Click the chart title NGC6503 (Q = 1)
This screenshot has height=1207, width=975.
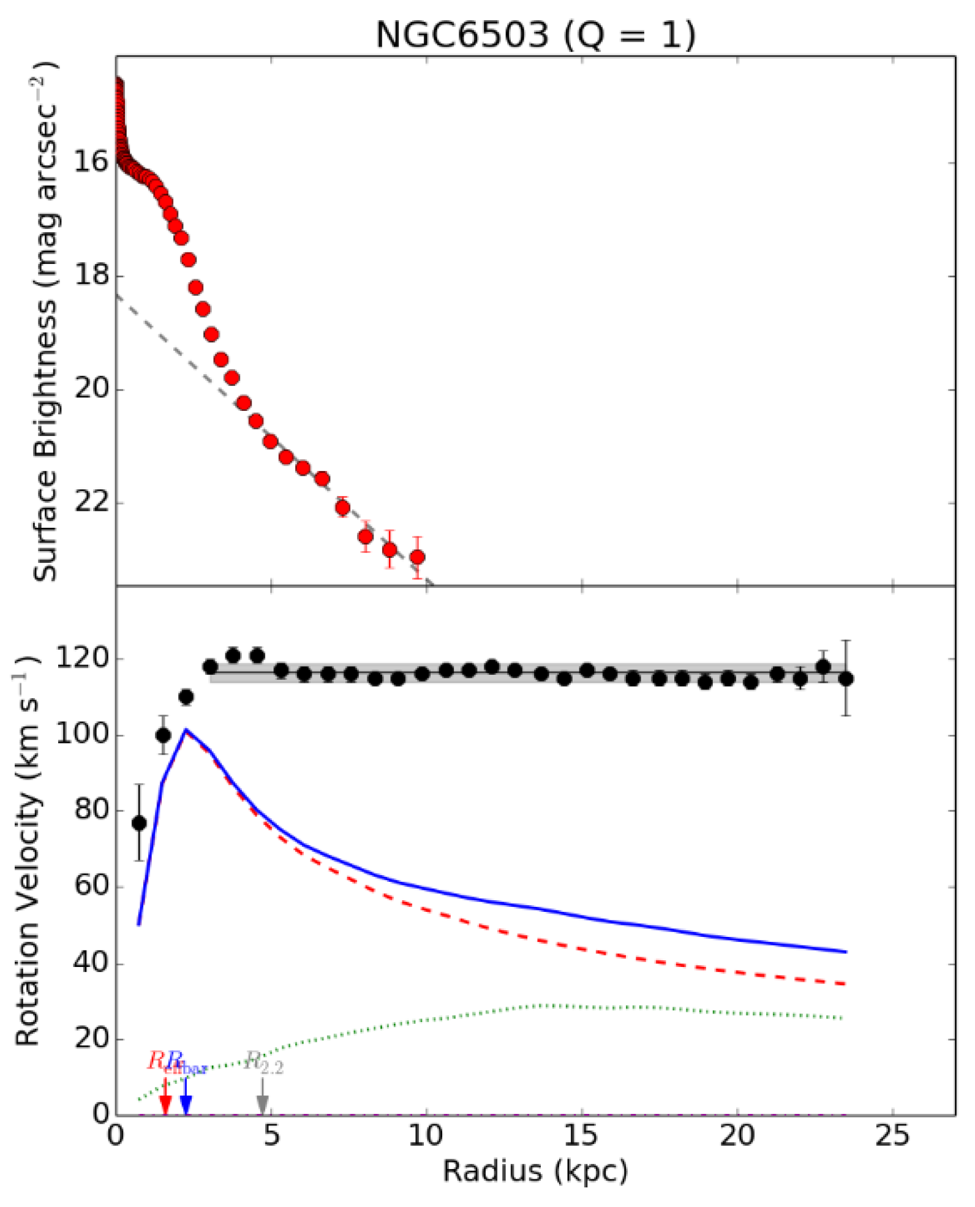[x=535, y=35]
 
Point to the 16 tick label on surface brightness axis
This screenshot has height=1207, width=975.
[x=90, y=162]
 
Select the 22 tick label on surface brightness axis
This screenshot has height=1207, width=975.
[x=90, y=503]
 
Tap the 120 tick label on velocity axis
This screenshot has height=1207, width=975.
[x=81, y=659]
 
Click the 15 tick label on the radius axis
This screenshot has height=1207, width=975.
[x=581, y=1137]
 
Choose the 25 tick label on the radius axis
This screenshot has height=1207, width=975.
[x=892, y=1137]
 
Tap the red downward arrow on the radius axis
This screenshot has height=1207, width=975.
[x=165, y=1102]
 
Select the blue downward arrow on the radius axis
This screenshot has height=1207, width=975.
[x=186, y=1102]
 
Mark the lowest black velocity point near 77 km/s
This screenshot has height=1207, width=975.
[x=139, y=823]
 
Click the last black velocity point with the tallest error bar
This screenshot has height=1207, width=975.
[x=846, y=679]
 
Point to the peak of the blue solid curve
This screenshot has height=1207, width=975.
[x=186, y=730]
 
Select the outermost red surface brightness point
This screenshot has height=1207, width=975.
[x=417, y=557]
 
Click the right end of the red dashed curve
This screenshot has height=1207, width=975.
[x=845, y=983]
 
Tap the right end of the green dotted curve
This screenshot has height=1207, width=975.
[x=844, y=1018]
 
